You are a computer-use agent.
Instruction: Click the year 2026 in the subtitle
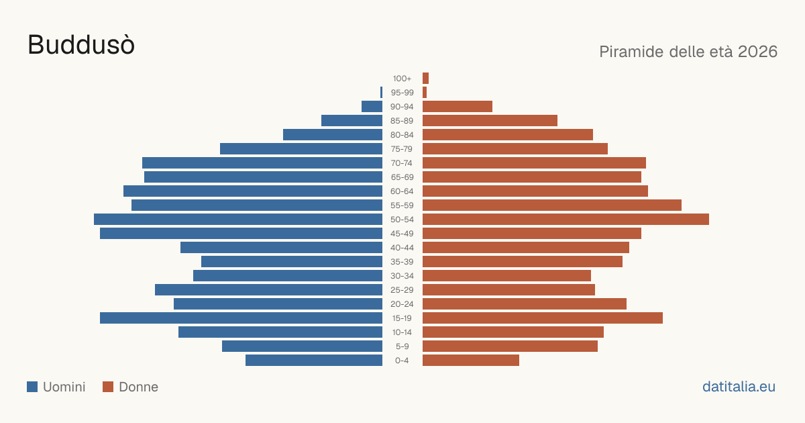pos(757,52)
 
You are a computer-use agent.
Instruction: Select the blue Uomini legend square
pos(32,387)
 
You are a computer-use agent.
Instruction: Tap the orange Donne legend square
pos(108,387)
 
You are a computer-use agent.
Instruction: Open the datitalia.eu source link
pos(739,387)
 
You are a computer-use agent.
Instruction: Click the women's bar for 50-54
pos(566,220)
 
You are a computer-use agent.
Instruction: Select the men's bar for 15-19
pos(241,318)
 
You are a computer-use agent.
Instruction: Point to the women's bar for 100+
pos(425,79)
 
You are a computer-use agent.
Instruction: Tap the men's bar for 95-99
pos(381,93)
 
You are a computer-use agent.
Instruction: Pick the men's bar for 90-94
pos(372,107)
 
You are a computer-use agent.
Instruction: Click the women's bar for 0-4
pos(471,361)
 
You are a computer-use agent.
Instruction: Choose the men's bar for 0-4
pos(314,361)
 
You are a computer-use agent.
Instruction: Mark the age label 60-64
pos(402,191)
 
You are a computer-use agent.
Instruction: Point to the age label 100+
pos(402,79)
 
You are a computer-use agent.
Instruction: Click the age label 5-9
pos(402,346)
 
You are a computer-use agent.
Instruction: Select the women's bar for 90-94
pos(458,107)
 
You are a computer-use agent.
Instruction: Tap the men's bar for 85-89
pos(352,120)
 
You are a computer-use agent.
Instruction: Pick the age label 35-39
pos(402,262)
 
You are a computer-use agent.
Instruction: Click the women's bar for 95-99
pos(425,93)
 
